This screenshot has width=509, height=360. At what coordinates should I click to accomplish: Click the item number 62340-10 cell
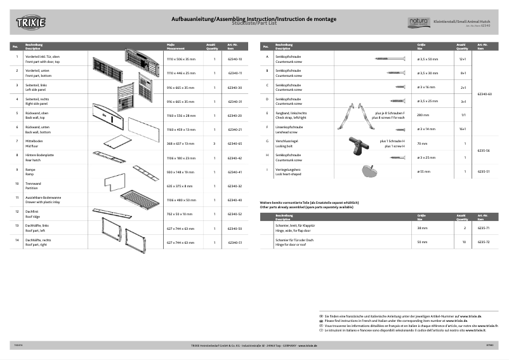pos(235,58)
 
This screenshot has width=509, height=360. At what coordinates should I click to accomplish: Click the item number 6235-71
pos(484,228)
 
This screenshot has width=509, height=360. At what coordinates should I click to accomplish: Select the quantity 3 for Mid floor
pos(215,144)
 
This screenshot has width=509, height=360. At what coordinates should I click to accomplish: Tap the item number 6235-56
pos(484,150)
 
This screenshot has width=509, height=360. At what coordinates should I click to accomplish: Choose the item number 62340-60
pos(484,93)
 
